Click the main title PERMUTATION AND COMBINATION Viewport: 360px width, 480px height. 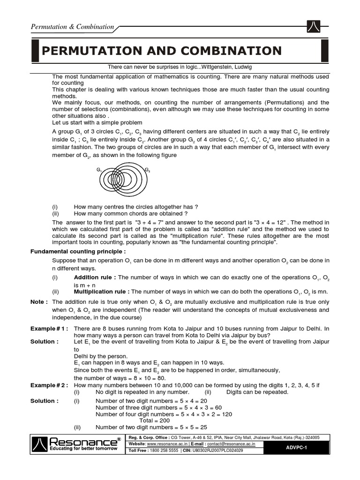point(162,51)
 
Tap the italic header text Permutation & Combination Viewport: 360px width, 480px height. point(72,27)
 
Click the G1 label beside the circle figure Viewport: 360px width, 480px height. point(99,170)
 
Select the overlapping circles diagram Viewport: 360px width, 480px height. point(122,180)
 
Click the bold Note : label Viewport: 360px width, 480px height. point(39,302)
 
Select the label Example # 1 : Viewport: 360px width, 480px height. point(49,329)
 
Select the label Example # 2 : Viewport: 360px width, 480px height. point(49,385)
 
